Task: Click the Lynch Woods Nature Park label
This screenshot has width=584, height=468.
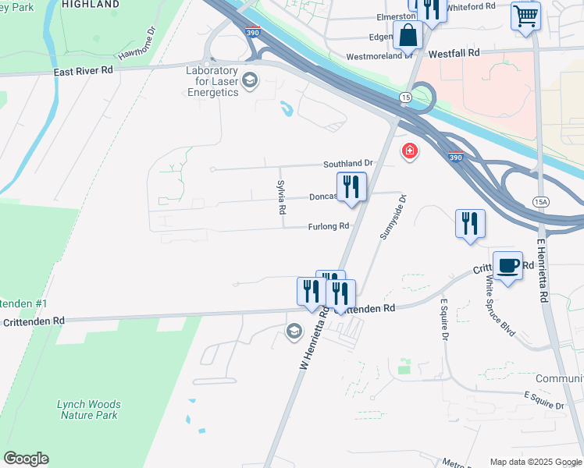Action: [89, 409]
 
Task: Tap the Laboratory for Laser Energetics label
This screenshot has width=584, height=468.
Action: [212, 81]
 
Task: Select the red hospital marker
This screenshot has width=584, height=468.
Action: [409, 151]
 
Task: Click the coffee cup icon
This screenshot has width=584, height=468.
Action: [507, 264]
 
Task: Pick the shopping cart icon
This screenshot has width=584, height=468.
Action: [525, 15]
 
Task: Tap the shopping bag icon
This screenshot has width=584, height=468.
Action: [408, 35]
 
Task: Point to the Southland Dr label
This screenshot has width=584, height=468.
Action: [349, 164]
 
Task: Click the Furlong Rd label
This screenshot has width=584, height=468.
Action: [327, 226]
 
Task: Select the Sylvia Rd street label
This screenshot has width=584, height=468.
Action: [282, 197]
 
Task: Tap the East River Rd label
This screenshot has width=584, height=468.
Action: [84, 69]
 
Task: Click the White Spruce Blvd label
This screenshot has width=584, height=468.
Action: [500, 306]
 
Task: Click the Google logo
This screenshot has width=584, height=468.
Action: [26, 459]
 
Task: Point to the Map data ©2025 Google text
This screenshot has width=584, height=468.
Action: [535, 462]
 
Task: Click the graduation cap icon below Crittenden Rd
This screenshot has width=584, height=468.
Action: [294, 331]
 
